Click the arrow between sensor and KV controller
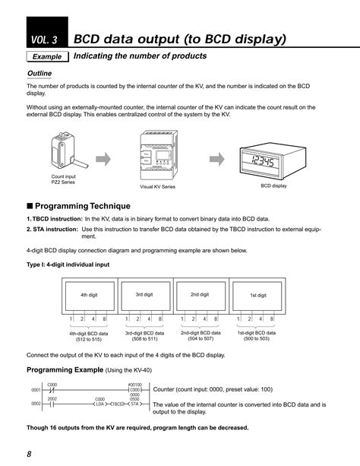(106, 159)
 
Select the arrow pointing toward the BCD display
(217, 159)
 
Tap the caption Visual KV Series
(157, 186)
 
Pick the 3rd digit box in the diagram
(144, 294)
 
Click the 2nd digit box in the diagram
(200, 294)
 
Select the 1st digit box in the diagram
(258, 295)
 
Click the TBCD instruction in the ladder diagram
(118, 404)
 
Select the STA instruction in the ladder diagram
(134, 404)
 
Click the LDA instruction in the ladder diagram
(100, 404)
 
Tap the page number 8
(29, 454)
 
